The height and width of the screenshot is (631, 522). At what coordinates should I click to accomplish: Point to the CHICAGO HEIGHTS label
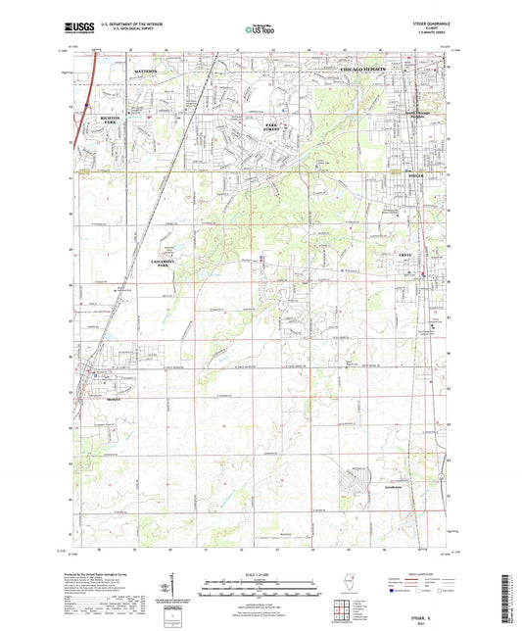click(361, 73)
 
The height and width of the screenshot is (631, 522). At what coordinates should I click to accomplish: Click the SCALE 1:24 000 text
click(261, 574)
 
